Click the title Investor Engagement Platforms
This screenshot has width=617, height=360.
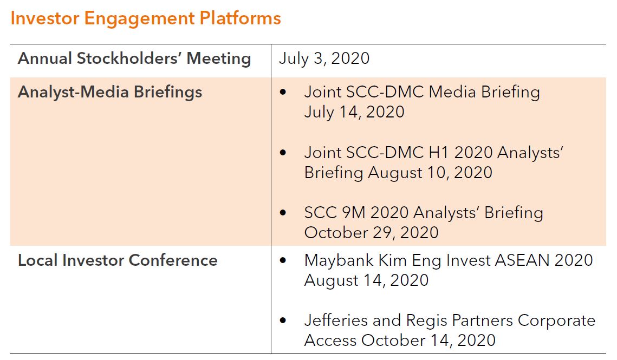point(146,18)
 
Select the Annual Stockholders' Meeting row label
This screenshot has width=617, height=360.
point(134,58)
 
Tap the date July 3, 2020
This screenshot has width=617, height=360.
point(324,59)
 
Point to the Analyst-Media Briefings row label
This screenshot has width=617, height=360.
point(110,92)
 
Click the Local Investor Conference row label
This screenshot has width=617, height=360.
point(118,260)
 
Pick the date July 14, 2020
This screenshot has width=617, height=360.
point(354,112)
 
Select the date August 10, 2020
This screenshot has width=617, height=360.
point(430,173)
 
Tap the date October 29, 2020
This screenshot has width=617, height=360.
point(372,233)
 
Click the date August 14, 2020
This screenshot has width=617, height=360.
point(366,280)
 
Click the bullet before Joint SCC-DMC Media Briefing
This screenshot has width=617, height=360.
point(283,92)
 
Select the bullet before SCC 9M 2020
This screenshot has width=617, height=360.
point(283,213)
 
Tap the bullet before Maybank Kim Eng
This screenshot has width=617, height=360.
point(283,260)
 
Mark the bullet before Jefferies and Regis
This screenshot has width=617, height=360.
point(283,320)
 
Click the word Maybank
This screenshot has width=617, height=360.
point(339,261)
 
